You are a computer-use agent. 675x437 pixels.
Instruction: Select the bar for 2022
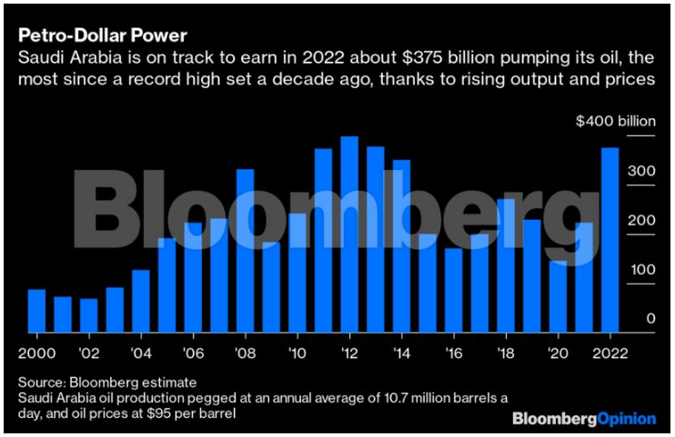pyautogui.click(x=610, y=240)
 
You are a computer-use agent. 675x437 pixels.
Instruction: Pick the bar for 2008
pyautogui.click(x=245, y=251)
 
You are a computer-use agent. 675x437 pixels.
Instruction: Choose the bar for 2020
pyautogui.click(x=558, y=296)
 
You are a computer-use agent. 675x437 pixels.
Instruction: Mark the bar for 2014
pyautogui.click(x=401, y=246)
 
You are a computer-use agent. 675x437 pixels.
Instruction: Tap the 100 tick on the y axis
pyautogui.click(x=641, y=270)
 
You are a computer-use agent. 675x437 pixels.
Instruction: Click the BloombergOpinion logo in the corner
pyautogui.click(x=583, y=419)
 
